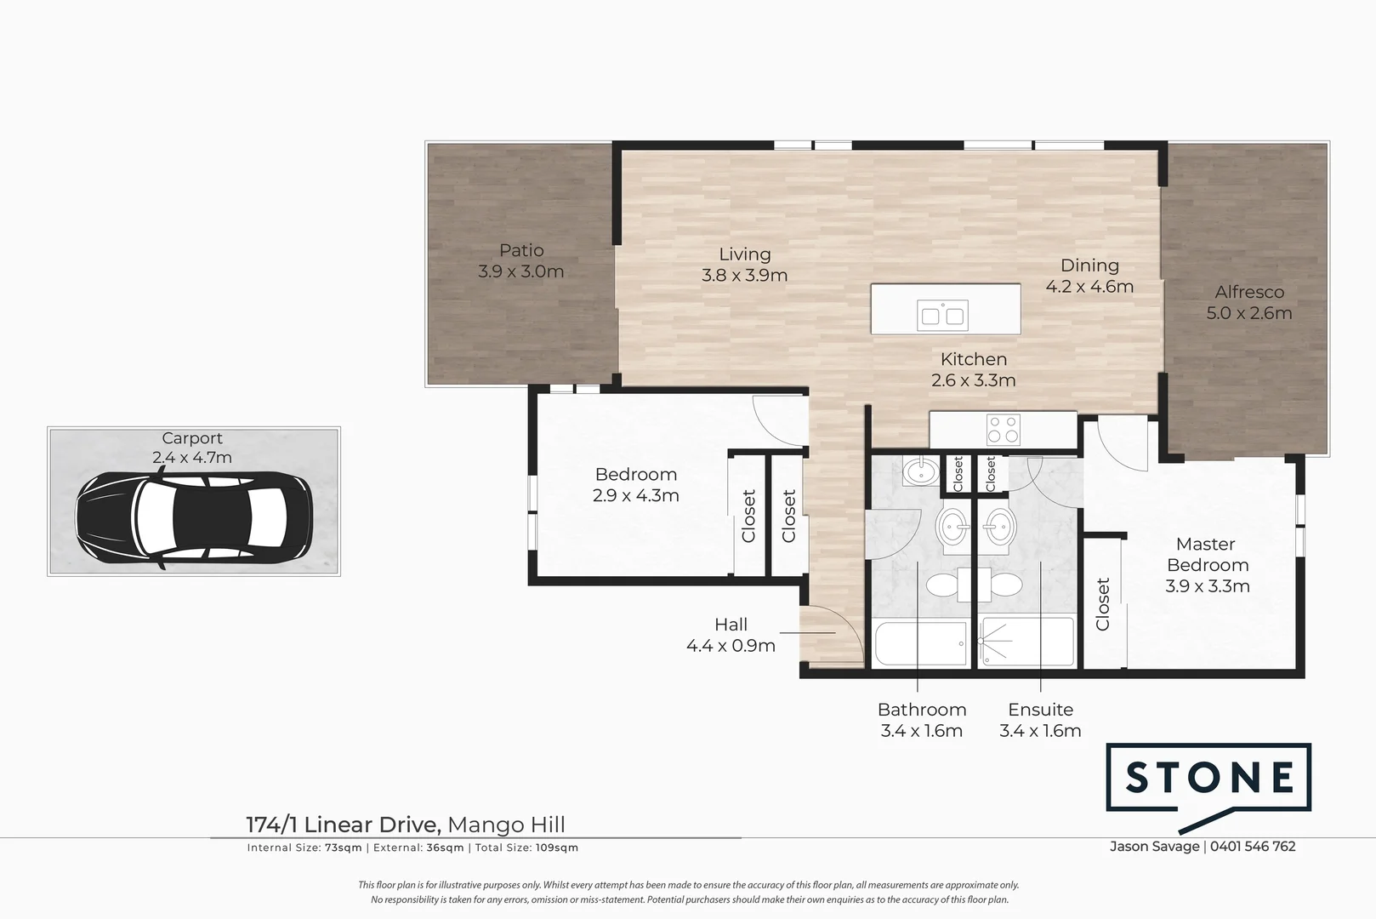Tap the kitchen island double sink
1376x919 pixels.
[x=942, y=316]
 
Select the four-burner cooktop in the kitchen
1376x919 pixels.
[x=1003, y=430]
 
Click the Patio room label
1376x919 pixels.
[x=521, y=251]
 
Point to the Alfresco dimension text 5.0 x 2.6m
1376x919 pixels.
[x=1248, y=313]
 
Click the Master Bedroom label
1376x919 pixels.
[x=1207, y=554]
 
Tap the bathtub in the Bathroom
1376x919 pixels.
[x=920, y=644]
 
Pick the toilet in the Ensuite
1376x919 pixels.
[x=1004, y=585]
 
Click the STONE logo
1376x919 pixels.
[x=1208, y=778]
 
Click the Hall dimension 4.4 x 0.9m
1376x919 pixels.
[x=731, y=646]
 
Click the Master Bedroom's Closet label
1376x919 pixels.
[x=1103, y=604]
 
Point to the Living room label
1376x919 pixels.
[x=744, y=254]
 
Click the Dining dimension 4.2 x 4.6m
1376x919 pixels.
[x=1089, y=287]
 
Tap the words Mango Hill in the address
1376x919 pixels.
[x=506, y=825]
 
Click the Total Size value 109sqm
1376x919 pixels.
[x=556, y=848]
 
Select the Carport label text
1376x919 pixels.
[x=192, y=438]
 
